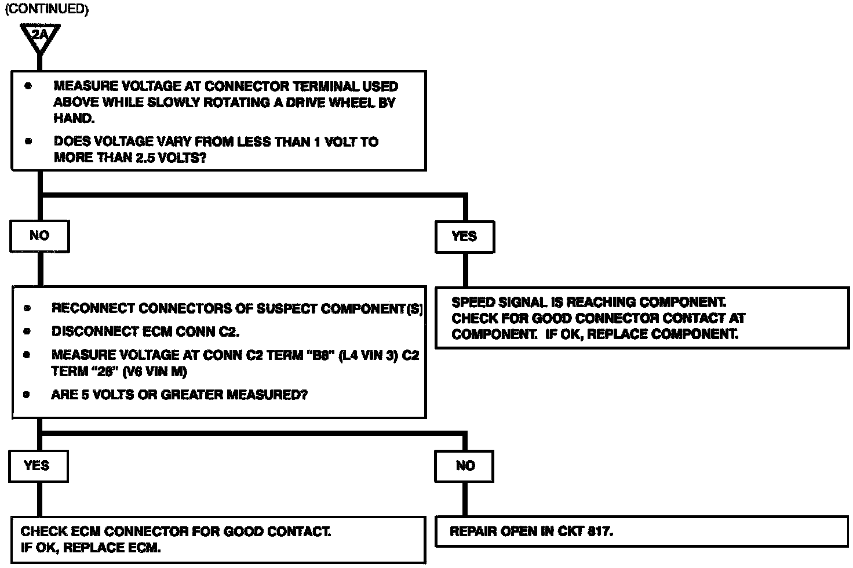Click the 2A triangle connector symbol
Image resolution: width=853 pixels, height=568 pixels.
tap(39, 37)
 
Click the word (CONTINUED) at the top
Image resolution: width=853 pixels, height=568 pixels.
tap(46, 10)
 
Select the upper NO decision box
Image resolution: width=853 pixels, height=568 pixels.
tap(39, 236)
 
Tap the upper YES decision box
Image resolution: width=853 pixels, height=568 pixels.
tap(464, 236)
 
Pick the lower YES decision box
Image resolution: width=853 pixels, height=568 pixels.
tap(38, 466)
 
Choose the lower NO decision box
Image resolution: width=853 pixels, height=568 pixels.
tap(465, 466)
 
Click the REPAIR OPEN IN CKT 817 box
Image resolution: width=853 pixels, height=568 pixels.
tap(641, 531)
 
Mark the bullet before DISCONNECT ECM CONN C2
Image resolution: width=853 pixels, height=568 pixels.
tap(27, 332)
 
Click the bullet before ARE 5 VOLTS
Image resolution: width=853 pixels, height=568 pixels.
tap(27, 395)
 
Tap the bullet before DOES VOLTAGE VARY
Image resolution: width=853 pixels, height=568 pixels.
tap(28, 141)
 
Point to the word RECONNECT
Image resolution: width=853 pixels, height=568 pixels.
tap(90, 308)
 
